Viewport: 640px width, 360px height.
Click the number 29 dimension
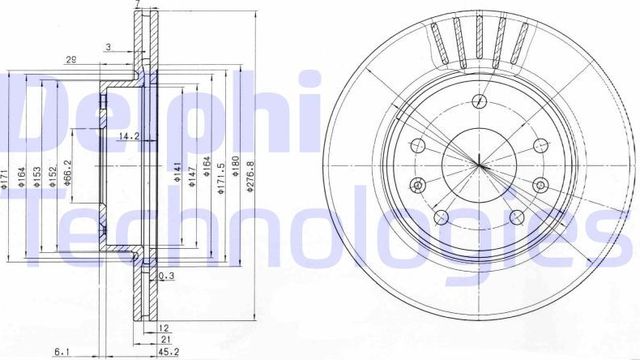click(72, 60)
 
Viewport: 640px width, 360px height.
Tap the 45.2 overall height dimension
click(160, 351)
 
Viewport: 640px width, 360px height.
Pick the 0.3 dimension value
click(167, 277)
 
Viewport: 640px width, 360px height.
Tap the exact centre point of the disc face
click(479, 164)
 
